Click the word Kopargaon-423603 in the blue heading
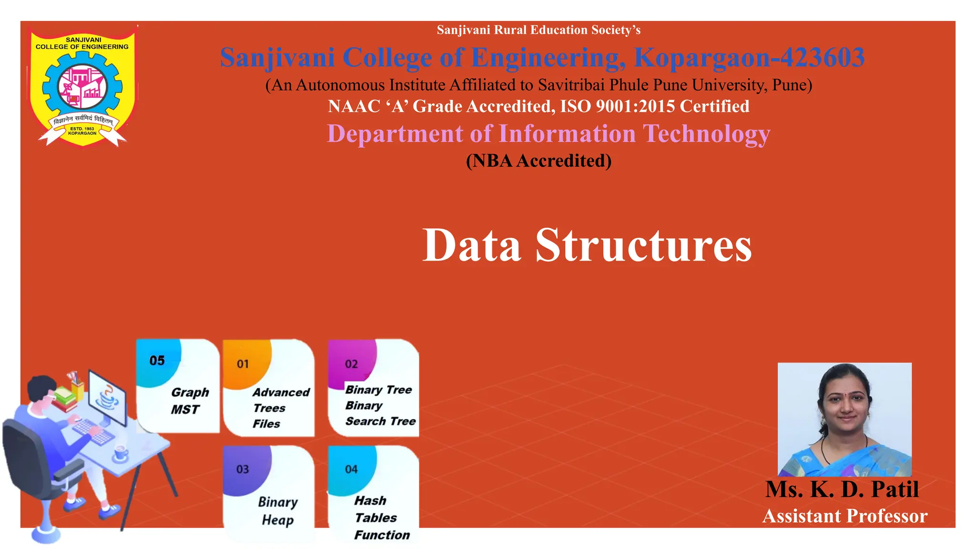click(x=749, y=58)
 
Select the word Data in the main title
click(x=471, y=245)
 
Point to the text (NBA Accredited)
click(x=539, y=161)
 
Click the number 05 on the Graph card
click(x=157, y=361)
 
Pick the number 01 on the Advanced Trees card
click(x=243, y=364)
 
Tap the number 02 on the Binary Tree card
click(x=351, y=364)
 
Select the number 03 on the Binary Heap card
click(x=243, y=469)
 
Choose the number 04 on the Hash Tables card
click(x=351, y=469)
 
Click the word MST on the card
click(x=185, y=410)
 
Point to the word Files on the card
click(x=266, y=424)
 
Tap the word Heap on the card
click(x=277, y=520)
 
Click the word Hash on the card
click(x=370, y=501)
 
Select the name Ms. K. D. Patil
click(x=842, y=489)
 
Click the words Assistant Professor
click(x=845, y=516)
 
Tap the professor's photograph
click(x=844, y=419)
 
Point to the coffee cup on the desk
click(x=121, y=453)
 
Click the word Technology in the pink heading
click(x=706, y=134)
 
